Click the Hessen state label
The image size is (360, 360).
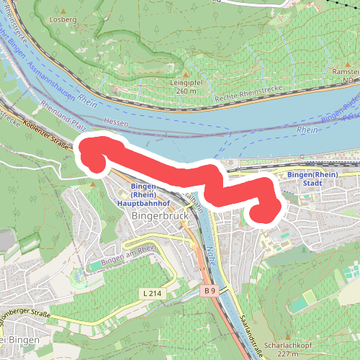[x=115, y=122]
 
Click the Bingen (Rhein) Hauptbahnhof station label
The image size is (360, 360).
[x=144, y=196]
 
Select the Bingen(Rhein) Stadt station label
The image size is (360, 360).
[x=312, y=179]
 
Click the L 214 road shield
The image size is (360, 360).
[x=151, y=293]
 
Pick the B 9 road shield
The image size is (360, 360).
[x=209, y=290]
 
